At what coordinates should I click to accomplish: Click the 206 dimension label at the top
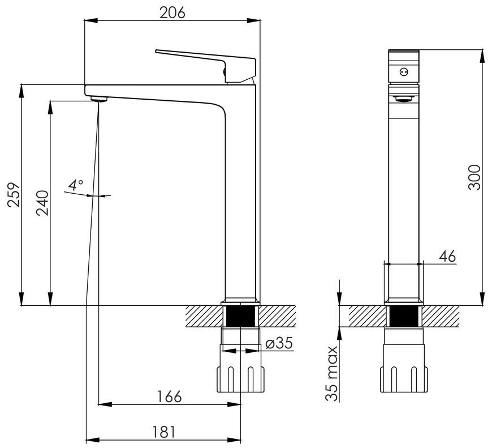[x=172, y=12]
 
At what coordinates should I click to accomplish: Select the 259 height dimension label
[x=14, y=194]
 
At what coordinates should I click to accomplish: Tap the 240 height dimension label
[x=42, y=203]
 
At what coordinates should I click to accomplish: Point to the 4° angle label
[x=76, y=185]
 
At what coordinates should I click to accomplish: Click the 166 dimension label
[x=169, y=396]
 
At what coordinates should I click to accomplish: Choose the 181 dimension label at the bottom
[x=163, y=432]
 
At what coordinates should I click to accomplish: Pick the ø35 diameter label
[x=279, y=343]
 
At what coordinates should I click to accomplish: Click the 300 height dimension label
[x=474, y=177]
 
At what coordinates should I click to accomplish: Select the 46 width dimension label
[x=447, y=257]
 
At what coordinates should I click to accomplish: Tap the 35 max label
[x=331, y=374]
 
